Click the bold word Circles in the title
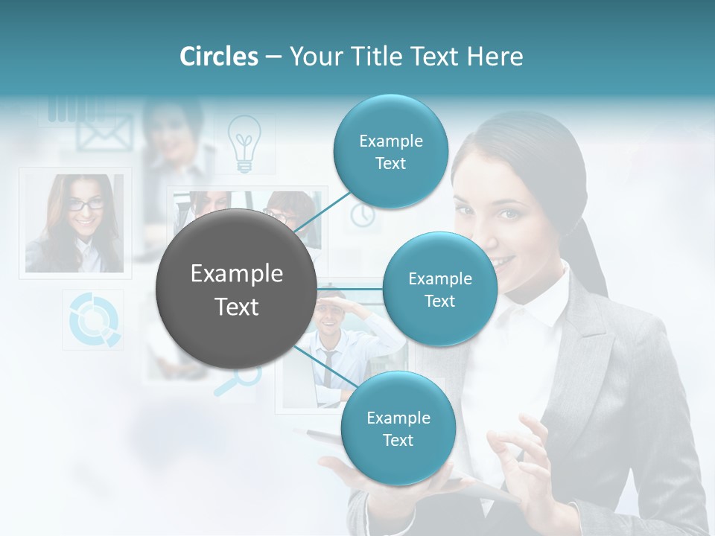pos(218,57)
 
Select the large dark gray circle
pos(236,289)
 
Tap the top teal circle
pos(390,151)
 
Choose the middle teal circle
pos(439,289)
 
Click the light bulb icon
pos(244,144)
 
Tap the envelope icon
pos(104,133)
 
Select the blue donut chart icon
pos(94,319)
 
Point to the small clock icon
pos(363,214)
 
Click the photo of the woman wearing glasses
pos(74,222)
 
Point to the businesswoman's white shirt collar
pos(536,305)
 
